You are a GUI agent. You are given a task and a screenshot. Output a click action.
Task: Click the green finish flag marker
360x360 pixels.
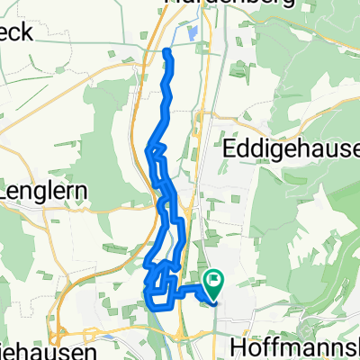tap(214, 283)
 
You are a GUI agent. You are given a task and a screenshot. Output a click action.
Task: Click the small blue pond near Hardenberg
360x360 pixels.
tap(194, 35)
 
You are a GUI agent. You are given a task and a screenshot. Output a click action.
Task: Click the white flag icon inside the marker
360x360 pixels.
tap(214, 280)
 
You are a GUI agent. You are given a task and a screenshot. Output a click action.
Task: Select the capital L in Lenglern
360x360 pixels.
tap(7, 192)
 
